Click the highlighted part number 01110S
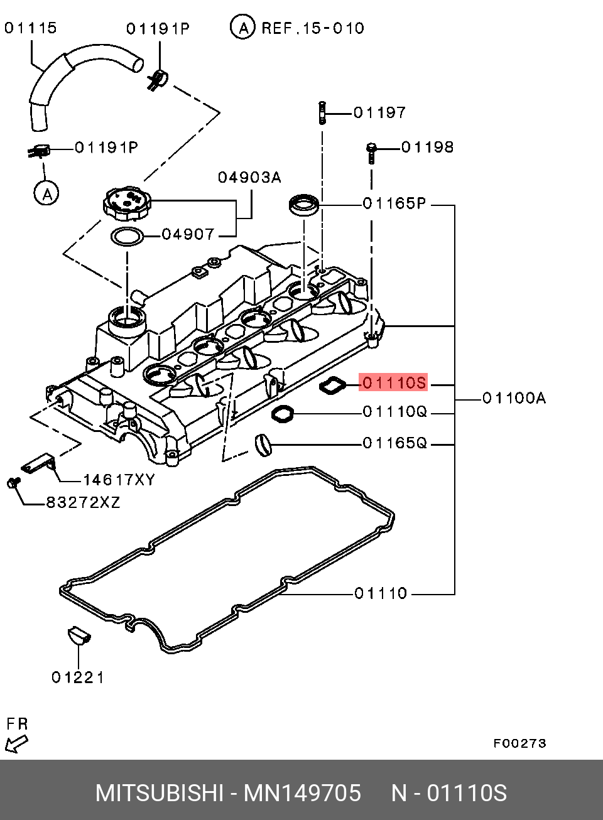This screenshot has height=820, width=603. (394, 382)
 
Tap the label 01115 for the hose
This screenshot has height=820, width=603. (30, 28)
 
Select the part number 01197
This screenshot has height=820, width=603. (379, 113)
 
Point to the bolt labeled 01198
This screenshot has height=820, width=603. (371, 152)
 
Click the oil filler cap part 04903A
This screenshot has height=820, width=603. (128, 204)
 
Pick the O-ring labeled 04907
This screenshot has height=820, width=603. (126, 237)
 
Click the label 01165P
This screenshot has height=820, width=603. (394, 204)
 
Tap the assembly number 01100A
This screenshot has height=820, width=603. (514, 398)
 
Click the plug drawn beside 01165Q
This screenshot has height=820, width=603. (263, 445)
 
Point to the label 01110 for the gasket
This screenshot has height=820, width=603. (381, 593)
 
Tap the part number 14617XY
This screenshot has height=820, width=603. (119, 480)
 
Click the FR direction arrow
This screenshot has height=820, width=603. (16, 744)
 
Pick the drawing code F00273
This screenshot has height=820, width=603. (519, 743)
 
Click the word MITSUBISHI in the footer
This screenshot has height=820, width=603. (159, 793)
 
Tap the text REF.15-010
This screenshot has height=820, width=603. (312, 28)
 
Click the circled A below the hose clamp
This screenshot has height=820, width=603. (46, 193)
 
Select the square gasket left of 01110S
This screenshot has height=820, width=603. (333, 386)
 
